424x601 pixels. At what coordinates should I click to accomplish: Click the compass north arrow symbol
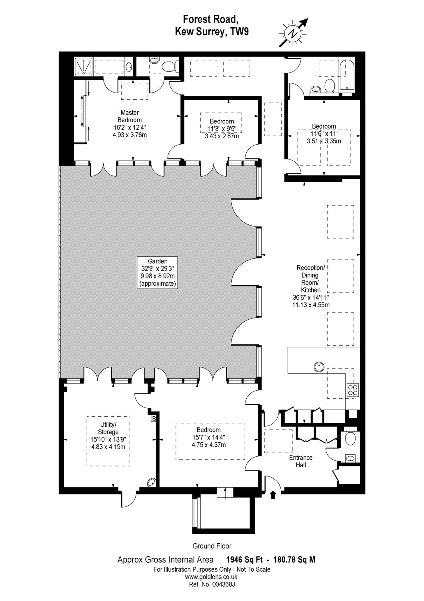(x=294, y=33)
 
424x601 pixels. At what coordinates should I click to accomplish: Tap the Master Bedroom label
(x=130, y=123)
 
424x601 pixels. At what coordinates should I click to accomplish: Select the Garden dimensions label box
(x=158, y=272)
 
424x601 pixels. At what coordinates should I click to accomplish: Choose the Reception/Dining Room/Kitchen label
(x=311, y=286)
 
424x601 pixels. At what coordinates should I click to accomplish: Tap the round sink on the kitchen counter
(x=319, y=366)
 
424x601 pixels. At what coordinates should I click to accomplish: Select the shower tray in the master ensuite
(x=84, y=66)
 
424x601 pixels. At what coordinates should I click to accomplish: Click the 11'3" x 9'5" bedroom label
(x=222, y=129)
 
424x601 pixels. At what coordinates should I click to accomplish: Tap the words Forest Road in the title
(x=210, y=20)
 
